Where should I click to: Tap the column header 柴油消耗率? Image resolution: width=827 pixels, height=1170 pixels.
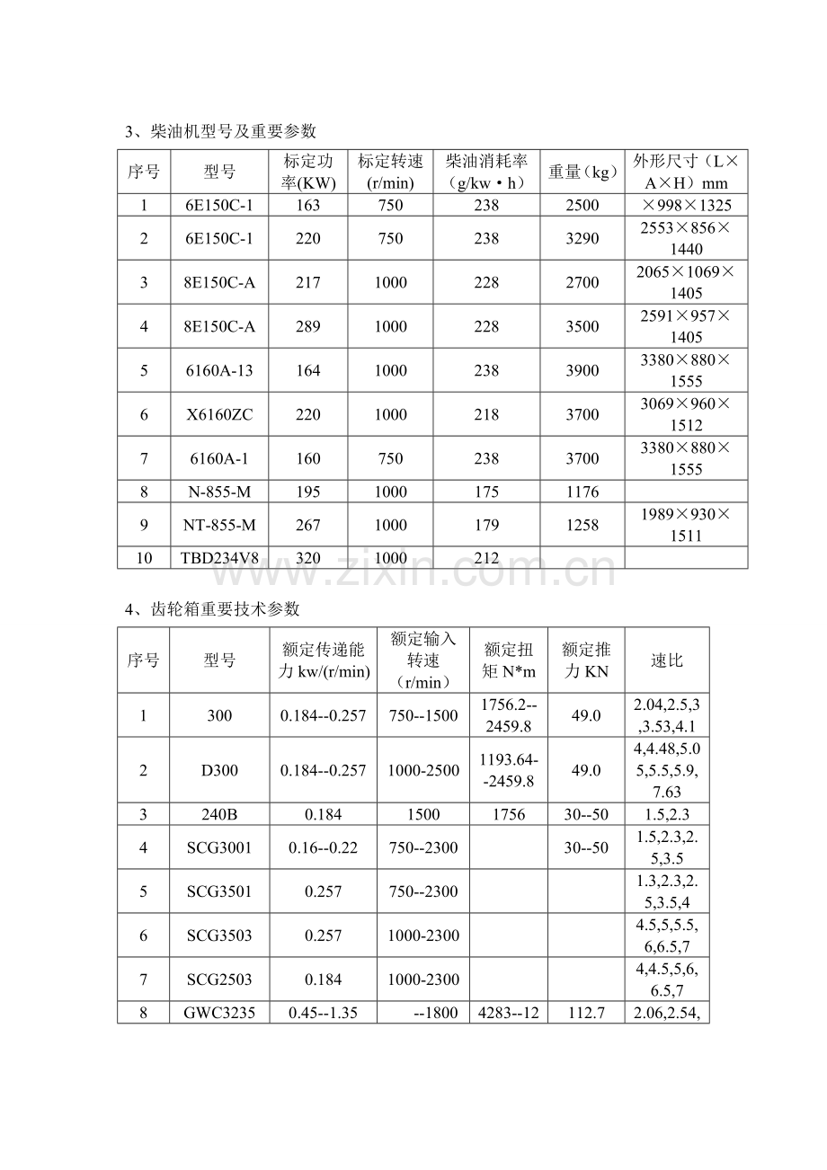click(x=485, y=172)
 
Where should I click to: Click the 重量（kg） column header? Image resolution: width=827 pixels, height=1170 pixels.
click(x=582, y=172)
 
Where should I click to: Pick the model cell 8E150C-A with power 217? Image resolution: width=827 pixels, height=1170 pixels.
click(x=219, y=282)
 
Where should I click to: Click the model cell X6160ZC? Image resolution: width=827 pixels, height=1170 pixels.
click(x=219, y=414)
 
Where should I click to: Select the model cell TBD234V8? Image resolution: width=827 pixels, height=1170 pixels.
click(x=219, y=558)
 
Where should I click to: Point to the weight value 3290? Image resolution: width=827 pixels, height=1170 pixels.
click(x=582, y=238)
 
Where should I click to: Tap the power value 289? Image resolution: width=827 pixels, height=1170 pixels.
click(x=307, y=326)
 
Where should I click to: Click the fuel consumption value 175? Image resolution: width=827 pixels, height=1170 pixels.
click(x=485, y=492)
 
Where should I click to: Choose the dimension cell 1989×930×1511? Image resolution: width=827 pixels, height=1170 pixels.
click(x=685, y=525)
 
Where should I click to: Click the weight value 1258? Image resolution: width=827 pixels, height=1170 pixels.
click(x=582, y=525)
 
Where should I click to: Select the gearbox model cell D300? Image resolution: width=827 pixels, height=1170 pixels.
click(x=219, y=770)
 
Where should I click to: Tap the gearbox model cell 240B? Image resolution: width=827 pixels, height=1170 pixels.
click(x=219, y=814)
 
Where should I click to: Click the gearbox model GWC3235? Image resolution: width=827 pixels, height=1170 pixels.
click(x=219, y=1013)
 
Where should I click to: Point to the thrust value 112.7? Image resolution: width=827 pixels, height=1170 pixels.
click(x=586, y=1013)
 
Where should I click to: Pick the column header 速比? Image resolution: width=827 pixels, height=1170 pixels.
click(x=666, y=660)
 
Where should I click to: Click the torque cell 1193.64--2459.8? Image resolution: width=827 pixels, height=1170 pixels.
click(x=508, y=770)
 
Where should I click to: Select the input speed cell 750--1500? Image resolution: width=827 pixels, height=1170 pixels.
click(x=422, y=715)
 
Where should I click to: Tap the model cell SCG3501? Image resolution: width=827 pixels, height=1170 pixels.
click(x=219, y=891)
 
